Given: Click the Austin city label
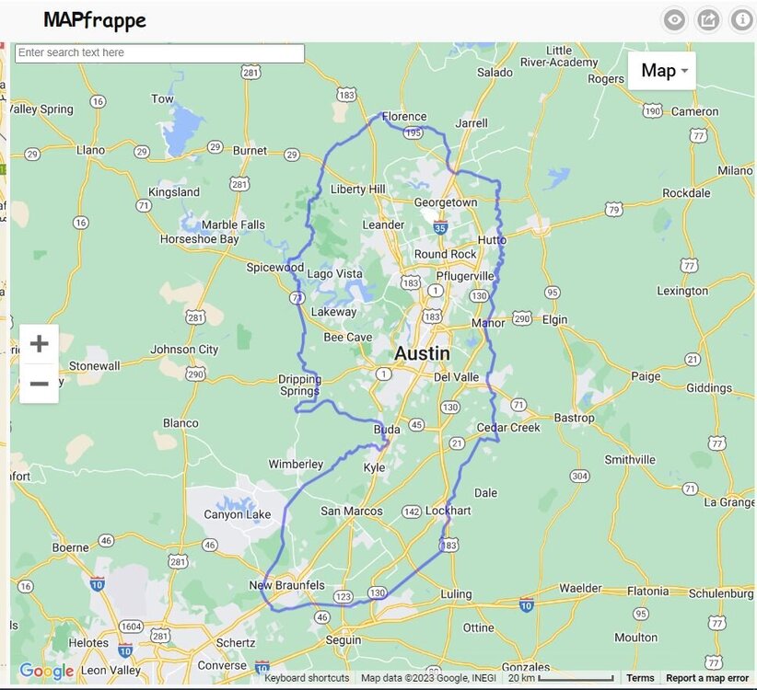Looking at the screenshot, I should click(x=423, y=354).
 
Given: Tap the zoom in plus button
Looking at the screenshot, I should click(x=39, y=344).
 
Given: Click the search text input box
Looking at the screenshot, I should click(x=159, y=53).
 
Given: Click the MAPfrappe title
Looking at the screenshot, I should click(x=95, y=19).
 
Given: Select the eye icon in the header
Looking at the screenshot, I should click(x=675, y=19).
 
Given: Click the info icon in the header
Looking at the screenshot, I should click(x=741, y=19).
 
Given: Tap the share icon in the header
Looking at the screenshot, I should click(x=708, y=19).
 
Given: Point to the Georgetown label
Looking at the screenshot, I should click(x=446, y=202).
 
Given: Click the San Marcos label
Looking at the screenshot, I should click(x=351, y=512).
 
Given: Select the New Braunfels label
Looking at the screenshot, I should click(x=286, y=586).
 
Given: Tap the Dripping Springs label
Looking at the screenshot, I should click(x=299, y=385).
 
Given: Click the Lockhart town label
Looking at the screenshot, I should click(x=448, y=511).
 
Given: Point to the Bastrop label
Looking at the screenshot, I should click(x=574, y=418).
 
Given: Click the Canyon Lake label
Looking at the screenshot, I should click(x=237, y=514).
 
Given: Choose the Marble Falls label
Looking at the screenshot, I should click(x=233, y=224).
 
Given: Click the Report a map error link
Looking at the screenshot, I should click(x=707, y=678).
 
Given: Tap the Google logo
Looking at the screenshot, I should click(x=46, y=673).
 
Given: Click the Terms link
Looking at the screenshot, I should click(x=640, y=678).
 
